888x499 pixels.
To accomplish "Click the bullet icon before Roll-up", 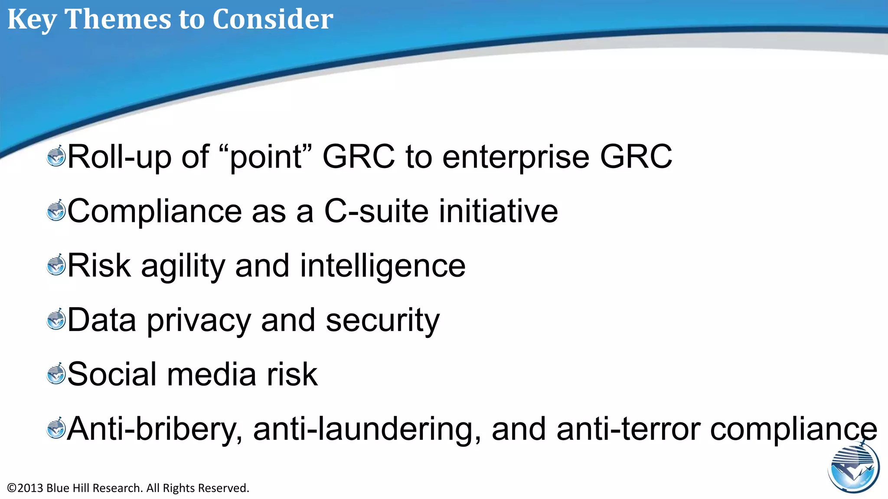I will (56, 156).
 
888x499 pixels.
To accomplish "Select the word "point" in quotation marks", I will (266, 157).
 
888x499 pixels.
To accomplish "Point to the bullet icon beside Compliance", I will (56, 211).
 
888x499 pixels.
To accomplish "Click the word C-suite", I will (376, 211).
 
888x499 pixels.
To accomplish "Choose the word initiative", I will (498, 211).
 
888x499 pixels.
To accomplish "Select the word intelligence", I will (382, 266).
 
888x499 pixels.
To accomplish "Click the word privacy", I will (199, 321).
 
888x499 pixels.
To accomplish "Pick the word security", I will (382, 321).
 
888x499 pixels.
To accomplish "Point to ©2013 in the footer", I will (25, 488).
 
